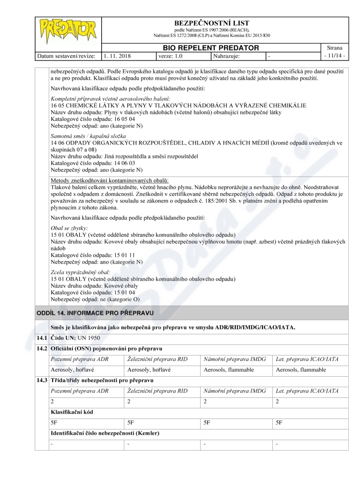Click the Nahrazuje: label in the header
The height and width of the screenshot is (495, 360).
tap(226, 57)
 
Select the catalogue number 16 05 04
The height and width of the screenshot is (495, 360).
tap(111, 119)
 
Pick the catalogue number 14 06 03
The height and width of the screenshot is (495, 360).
tap(111, 163)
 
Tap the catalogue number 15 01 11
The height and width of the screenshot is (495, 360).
tap(111, 255)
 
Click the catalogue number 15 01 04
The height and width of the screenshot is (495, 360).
tap(111, 292)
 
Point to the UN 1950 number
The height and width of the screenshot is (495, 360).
tap(88, 337)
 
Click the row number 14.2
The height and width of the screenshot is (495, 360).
tap(42, 348)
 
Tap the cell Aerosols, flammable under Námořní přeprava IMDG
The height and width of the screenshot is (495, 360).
tap(229, 369)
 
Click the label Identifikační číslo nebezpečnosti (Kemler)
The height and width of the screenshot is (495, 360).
tap(105, 433)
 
